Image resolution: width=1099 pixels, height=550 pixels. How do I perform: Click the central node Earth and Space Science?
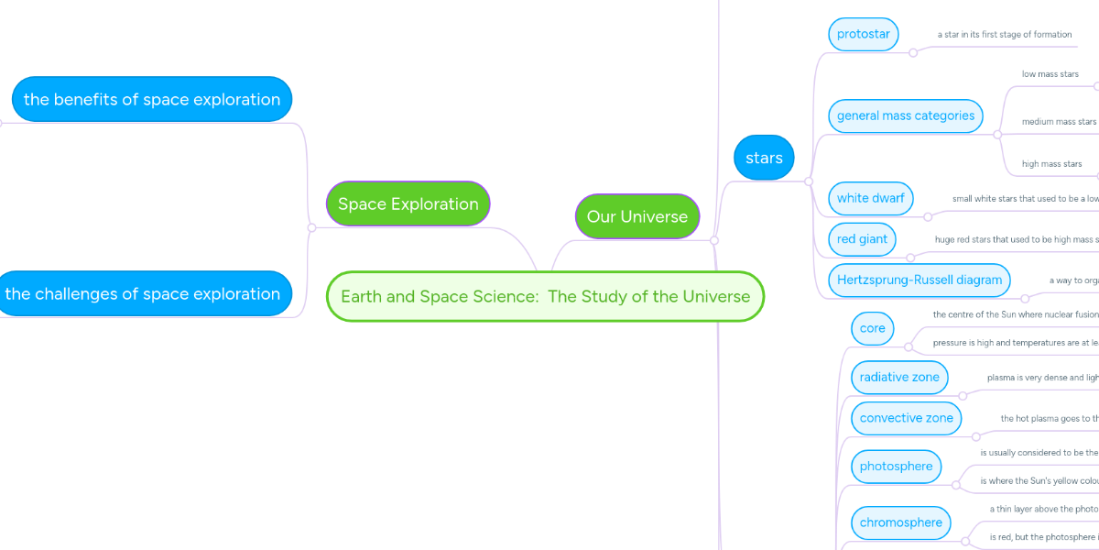click(545, 296)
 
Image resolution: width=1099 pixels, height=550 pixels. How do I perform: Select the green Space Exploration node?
click(408, 203)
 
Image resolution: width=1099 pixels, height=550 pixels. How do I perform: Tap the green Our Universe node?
click(637, 216)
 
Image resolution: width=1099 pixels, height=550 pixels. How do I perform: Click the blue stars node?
click(764, 158)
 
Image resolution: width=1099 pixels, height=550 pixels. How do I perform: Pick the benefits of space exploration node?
click(152, 99)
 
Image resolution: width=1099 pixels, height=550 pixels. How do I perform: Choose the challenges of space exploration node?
click(143, 293)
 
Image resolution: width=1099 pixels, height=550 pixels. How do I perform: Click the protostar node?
click(864, 34)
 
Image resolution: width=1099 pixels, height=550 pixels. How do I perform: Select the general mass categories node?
click(906, 115)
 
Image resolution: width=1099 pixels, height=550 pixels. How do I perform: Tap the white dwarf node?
click(870, 198)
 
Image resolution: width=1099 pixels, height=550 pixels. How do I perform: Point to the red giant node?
click(862, 239)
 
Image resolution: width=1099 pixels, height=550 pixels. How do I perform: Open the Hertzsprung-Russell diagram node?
click(919, 280)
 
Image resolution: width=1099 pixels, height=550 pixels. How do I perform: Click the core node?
click(873, 328)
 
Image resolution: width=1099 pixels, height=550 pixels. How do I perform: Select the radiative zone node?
click(899, 377)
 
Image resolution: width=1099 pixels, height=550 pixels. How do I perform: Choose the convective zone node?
click(906, 418)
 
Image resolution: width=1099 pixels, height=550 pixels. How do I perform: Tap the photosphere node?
click(896, 467)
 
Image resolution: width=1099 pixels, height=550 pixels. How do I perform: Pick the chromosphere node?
click(900, 522)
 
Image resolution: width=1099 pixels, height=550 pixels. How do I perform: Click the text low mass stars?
click(1050, 74)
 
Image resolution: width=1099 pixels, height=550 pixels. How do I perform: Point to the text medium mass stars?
click(1059, 122)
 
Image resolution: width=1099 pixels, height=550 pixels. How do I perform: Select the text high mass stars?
click(1051, 164)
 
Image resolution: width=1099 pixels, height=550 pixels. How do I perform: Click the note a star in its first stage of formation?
click(1004, 35)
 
